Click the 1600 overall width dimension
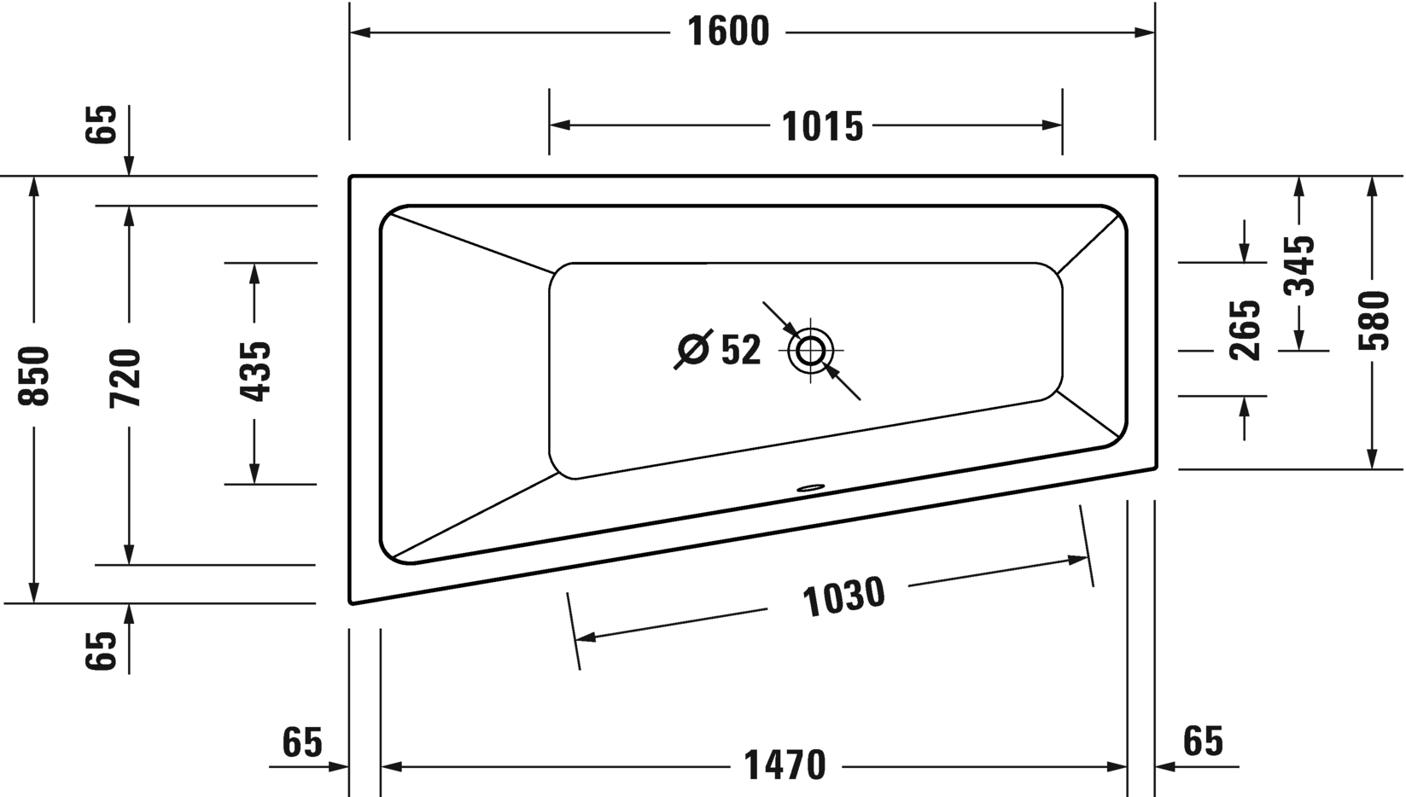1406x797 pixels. (728, 32)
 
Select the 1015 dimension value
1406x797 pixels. (822, 126)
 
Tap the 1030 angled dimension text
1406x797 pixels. (843, 596)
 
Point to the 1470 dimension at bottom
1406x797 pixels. (785, 765)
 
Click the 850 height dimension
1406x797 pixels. (35, 375)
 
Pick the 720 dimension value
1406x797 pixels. (125, 377)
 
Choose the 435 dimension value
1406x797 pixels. (254, 371)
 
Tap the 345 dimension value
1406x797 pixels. (1299, 265)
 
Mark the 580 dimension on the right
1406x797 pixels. (1373, 321)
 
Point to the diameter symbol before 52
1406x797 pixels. (693, 349)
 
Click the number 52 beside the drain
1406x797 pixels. (740, 350)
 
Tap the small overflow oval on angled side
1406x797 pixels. (810, 489)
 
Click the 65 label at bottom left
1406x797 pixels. (302, 742)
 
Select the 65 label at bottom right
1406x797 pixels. (1203, 741)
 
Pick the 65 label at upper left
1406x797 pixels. (102, 125)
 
